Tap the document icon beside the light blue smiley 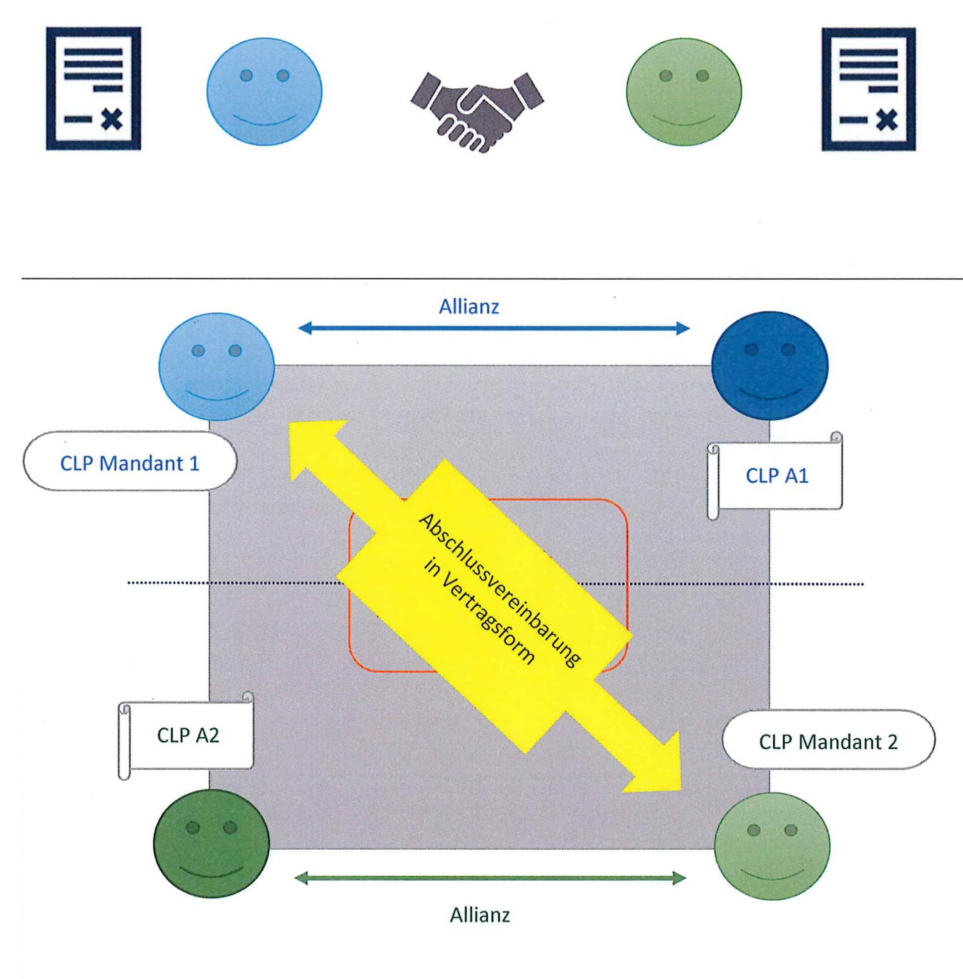tap(94, 89)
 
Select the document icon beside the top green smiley tap(868, 89)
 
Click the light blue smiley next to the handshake tap(264, 92)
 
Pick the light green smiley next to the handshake tap(684, 92)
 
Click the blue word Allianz tap(469, 307)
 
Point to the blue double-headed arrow tap(494, 329)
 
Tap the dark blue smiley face tap(770, 365)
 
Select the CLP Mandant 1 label tap(130, 463)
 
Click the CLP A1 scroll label tap(777, 476)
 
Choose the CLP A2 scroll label tap(188, 736)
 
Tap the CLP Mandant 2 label tap(829, 742)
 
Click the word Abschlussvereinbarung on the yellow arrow tap(500, 590)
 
